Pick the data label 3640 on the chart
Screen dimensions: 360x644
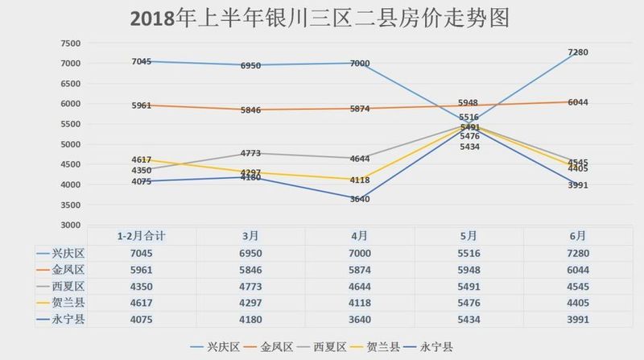click(360, 199)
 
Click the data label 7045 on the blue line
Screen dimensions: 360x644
click(142, 61)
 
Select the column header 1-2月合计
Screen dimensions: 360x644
click(142, 236)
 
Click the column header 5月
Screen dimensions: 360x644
click(468, 236)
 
